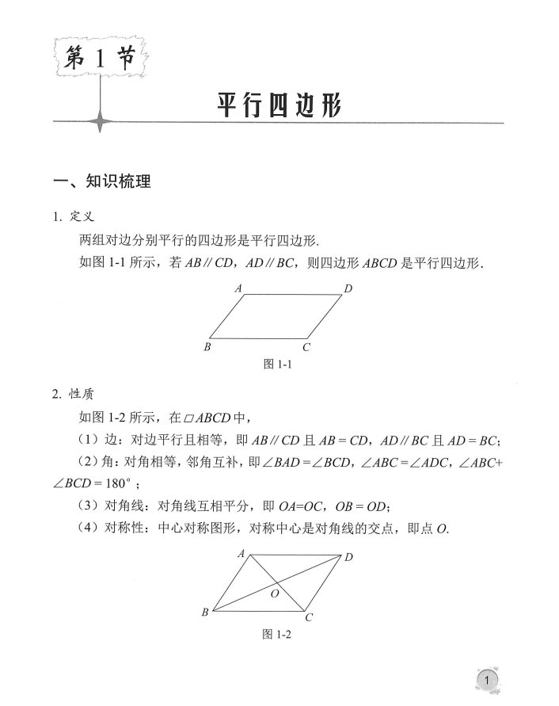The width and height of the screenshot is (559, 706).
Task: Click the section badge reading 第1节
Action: coord(101,59)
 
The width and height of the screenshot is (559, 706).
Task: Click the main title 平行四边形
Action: coord(279,106)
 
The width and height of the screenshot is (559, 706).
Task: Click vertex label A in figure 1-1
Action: coord(238,289)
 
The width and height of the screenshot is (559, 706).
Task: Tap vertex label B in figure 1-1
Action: coord(207,346)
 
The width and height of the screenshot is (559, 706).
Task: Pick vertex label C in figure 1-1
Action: coord(306,347)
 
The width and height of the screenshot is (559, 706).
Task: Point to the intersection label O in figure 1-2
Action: coord(274,593)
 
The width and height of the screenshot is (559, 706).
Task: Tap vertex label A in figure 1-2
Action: coord(241,555)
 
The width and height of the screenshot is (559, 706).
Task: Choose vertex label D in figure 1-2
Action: coord(348,558)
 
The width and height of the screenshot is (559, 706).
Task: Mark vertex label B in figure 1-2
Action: coord(205,612)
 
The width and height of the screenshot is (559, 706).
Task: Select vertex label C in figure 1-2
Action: coord(309,618)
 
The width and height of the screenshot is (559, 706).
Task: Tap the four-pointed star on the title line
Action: coord(101,123)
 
